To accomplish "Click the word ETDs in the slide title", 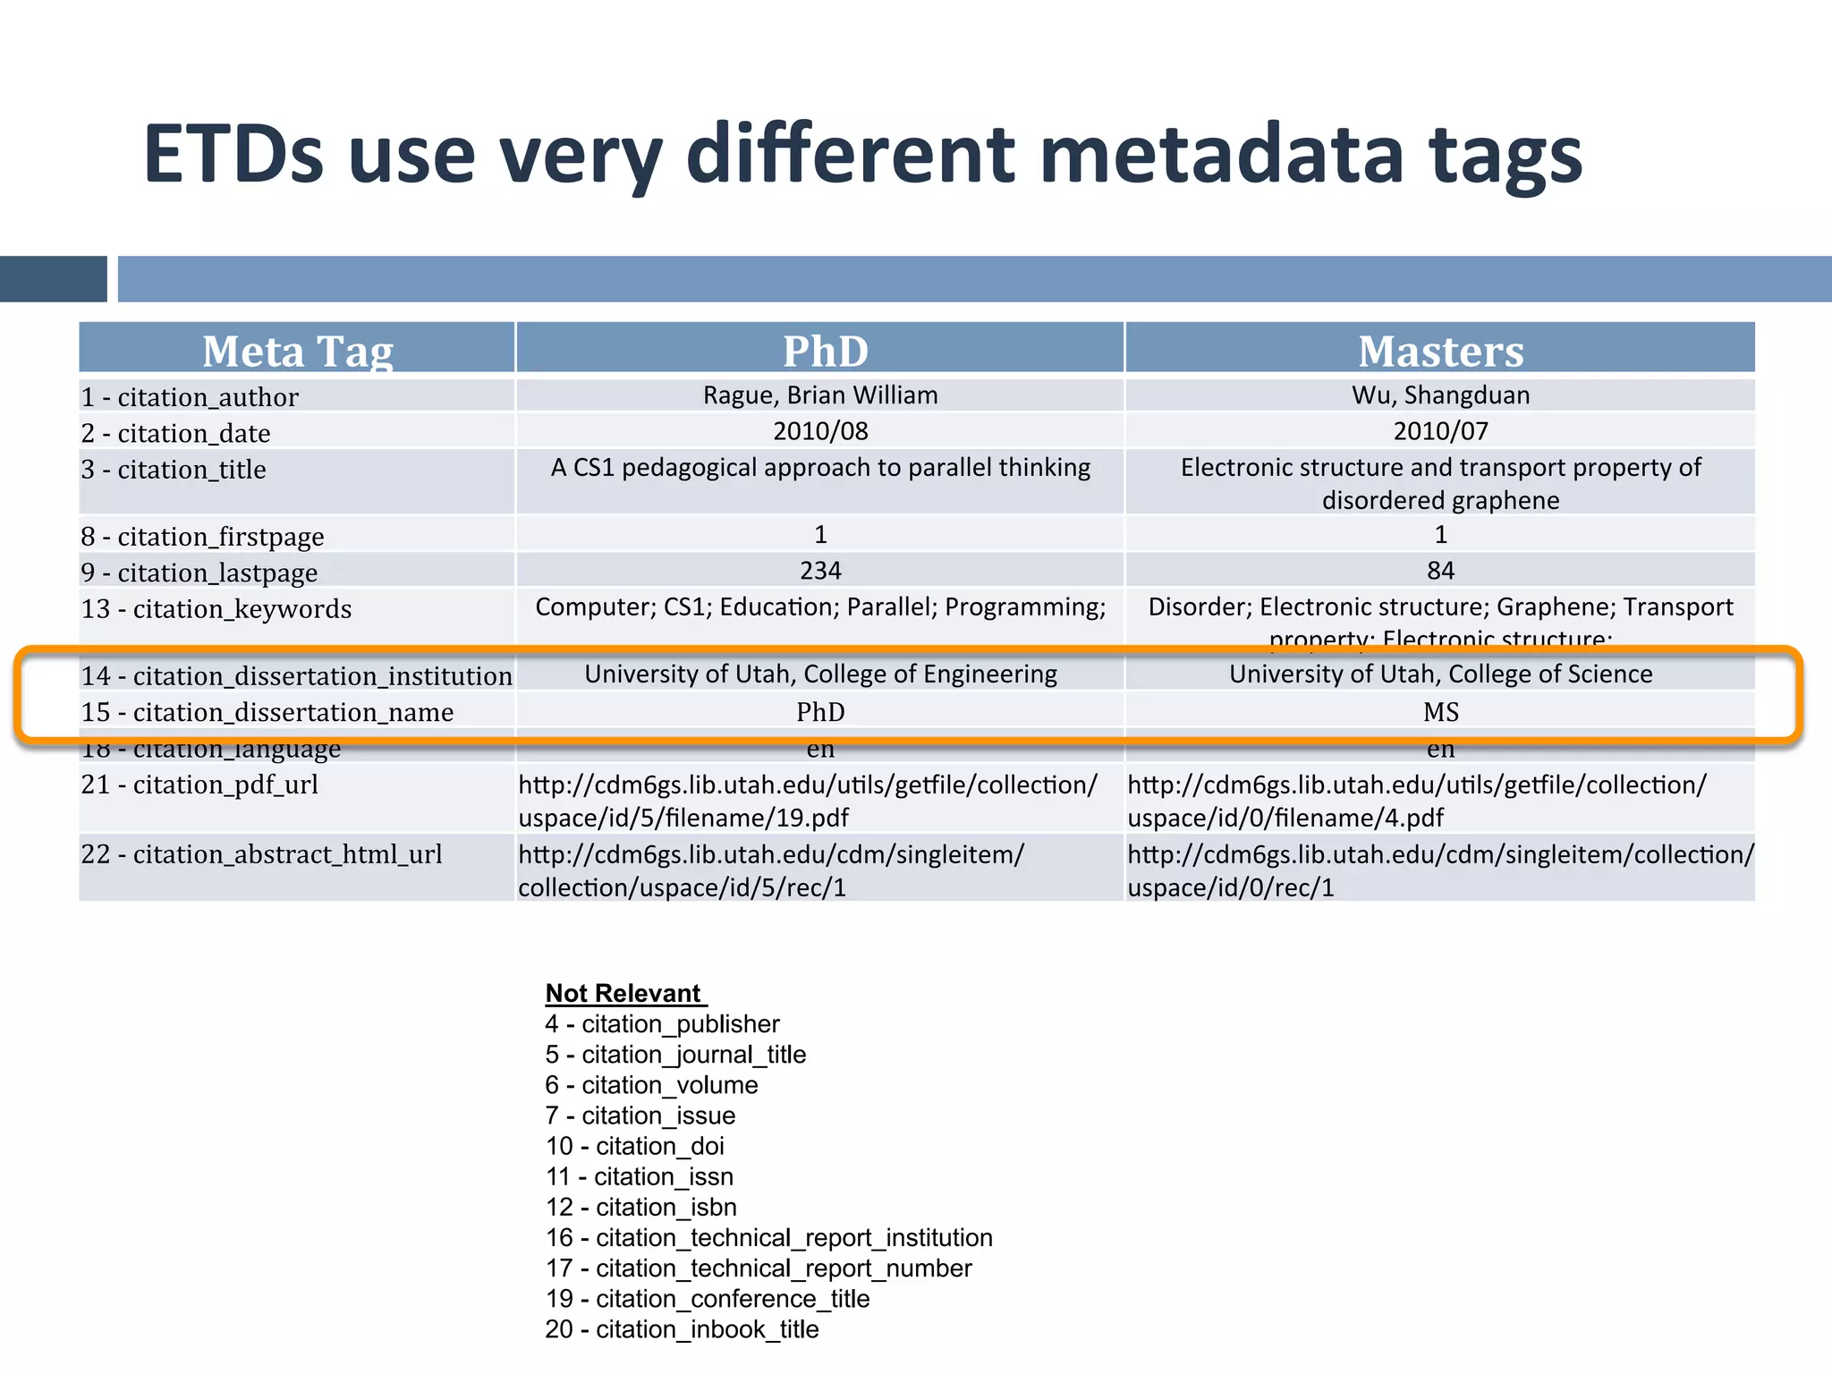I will pos(233,154).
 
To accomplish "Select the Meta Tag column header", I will pos(297,351).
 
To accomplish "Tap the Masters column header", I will pos(1440,351).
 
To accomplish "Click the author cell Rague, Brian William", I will pos(820,395).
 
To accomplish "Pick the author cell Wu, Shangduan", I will pos(1440,395).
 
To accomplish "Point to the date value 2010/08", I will pos(820,431).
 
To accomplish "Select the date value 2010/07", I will pos(1440,431).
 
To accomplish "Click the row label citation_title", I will pos(174,470).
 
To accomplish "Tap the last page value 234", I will pos(820,571).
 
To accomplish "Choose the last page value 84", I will pos(1440,571).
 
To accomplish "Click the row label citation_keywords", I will pos(216,609).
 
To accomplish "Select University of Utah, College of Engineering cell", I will pos(820,674).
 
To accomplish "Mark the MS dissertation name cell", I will pos(1440,712).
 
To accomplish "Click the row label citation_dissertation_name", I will pos(267,712).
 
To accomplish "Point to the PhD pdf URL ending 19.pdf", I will pos(807,801).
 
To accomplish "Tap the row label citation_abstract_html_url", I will pos(261,854).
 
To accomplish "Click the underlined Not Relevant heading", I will pos(624,993).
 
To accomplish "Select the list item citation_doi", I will pos(634,1146).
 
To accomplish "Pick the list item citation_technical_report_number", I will pos(759,1268).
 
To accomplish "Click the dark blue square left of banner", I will pos(53,279).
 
